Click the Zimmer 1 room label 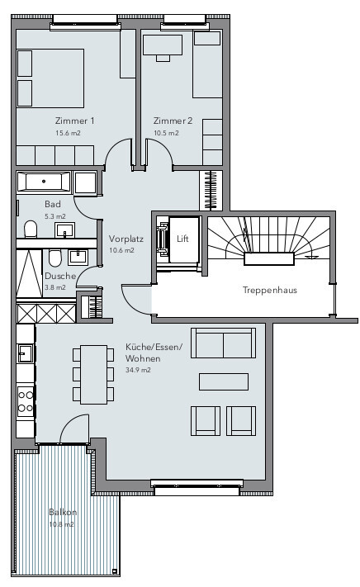[74, 121]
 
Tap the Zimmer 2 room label [173, 121]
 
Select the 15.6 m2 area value [68, 133]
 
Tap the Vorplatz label [126, 239]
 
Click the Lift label [182, 239]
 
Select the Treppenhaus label [269, 291]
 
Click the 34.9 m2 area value [139, 372]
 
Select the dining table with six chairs [93, 374]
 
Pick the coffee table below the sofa [224, 381]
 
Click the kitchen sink [25, 353]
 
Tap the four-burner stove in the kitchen [26, 401]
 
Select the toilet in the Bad [31, 228]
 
